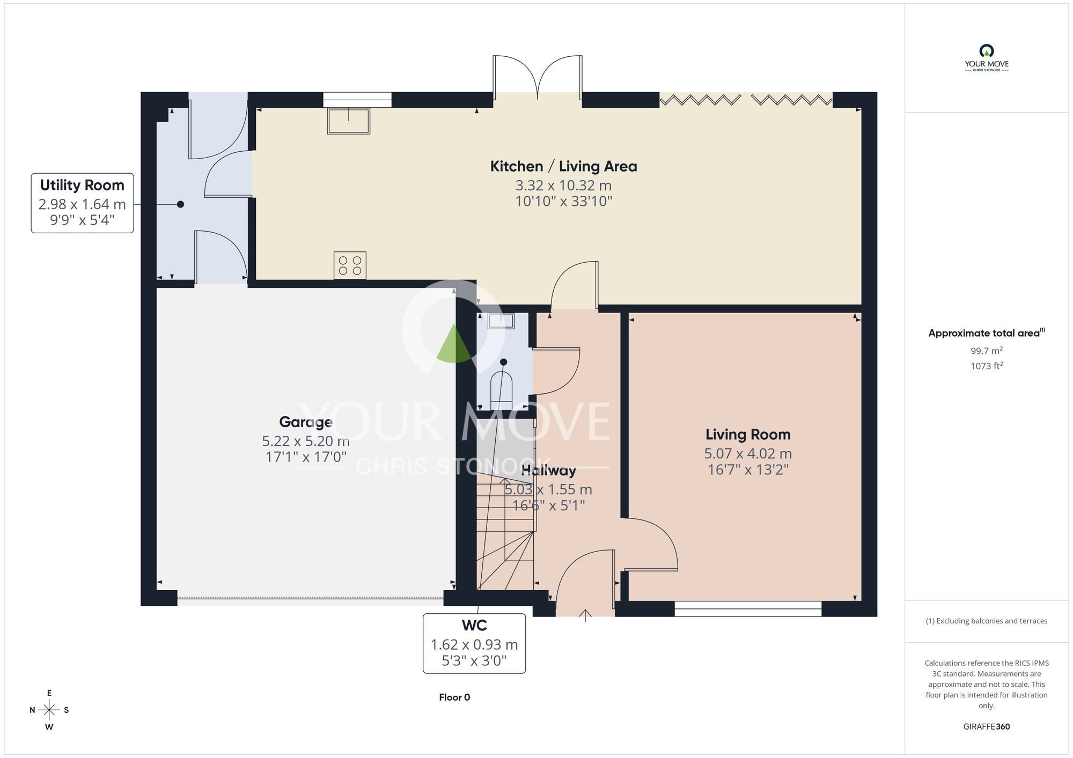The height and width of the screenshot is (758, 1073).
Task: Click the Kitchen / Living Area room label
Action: pos(563,166)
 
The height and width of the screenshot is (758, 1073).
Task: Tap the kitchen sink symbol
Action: pos(349,121)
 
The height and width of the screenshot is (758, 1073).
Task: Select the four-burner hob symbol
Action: pos(350,265)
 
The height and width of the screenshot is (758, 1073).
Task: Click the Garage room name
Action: pos(306,422)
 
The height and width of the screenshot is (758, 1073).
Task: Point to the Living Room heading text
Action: pos(748,434)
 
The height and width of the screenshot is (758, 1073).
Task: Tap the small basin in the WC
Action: pos(501,321)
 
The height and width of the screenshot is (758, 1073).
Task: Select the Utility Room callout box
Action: pos(82,203)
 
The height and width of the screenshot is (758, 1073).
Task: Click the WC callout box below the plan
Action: pos(474,643)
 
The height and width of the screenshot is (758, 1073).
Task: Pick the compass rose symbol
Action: pos(49,710)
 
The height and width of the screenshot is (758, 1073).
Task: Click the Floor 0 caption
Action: pos(454,697)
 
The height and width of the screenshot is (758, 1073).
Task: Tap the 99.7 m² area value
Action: pos(987,351)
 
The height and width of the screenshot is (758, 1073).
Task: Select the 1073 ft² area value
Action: pos(987,366)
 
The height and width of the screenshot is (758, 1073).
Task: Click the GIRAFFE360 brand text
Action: pos(987,727)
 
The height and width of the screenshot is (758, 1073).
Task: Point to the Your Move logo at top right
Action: pos(987,58)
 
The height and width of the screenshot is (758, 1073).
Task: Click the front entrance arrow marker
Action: pos(585,615)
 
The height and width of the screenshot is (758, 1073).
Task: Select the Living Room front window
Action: pos(748,609)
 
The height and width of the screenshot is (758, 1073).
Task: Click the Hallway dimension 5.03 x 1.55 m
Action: pos(548,489)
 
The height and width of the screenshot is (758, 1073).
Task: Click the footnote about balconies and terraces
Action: pos(987,621)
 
